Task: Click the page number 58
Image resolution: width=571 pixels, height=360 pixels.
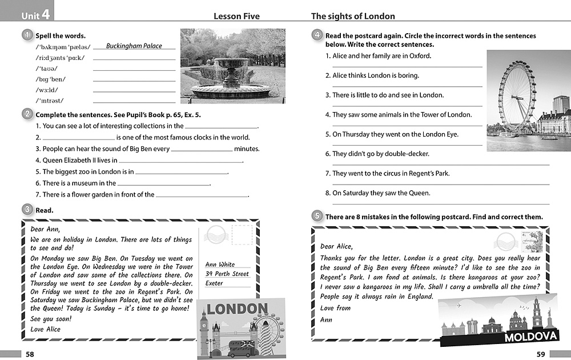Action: [x=30, y=354]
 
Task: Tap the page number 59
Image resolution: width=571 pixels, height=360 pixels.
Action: [x=541, y=354]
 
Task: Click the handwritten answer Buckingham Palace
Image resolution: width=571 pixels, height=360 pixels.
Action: [x=134, y=46]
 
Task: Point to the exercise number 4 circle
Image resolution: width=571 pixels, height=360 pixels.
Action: [x=317, y=35]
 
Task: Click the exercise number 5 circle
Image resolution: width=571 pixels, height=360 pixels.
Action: [x=317, y=216]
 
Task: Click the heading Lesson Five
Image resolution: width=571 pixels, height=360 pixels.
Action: [x=236, y=17]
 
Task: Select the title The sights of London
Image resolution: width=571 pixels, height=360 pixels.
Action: [x=353, y=17]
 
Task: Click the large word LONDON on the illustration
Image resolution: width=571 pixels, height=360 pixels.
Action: [x=237, y=310]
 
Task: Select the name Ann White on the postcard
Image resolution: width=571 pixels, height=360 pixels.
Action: [x=220, y=265]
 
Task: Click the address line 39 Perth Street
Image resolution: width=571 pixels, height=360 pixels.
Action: [x=227, y=274]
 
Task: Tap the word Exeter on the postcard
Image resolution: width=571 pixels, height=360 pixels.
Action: [x=214, y=283]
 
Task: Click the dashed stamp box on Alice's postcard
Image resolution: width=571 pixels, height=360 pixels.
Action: [x=242, y=234]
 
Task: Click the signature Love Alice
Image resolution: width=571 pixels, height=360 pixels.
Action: [x=45, y=329]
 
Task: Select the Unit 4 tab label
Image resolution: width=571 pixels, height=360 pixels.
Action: [x=35, y=15]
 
